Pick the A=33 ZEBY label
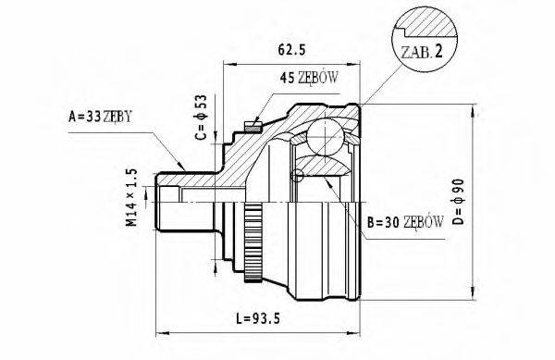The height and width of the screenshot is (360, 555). [101, 118]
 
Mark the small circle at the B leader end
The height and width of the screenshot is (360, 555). [298, 176]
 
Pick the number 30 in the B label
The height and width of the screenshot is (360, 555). [389, 223]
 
